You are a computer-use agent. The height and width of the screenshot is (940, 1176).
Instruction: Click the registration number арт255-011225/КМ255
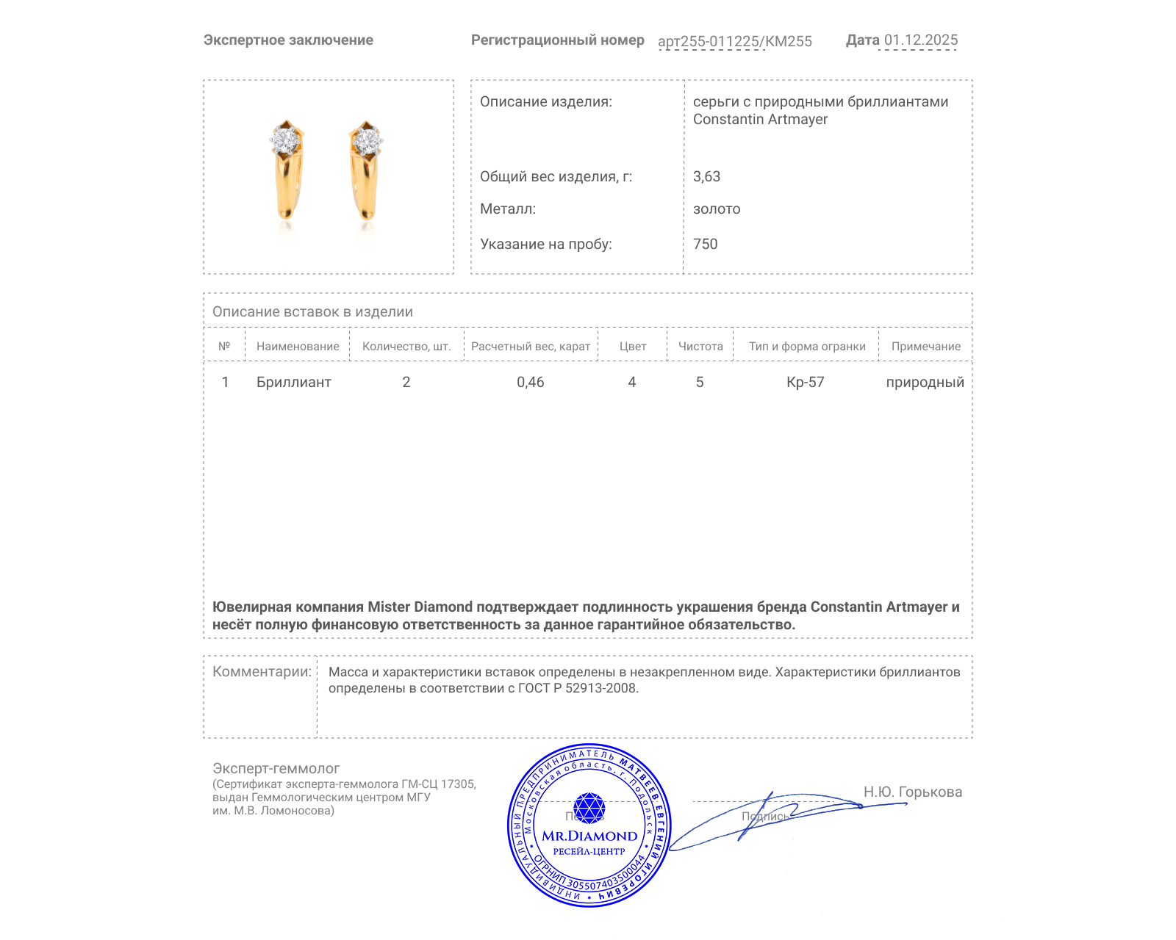734,41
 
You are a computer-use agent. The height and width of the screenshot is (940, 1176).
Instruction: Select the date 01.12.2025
920,40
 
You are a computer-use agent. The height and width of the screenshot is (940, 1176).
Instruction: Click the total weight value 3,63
706,176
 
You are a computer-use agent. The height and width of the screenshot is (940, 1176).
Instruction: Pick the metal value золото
717,209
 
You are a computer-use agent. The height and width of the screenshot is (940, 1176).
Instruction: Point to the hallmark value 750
705,244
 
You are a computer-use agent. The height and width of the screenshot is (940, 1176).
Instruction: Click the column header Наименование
298,347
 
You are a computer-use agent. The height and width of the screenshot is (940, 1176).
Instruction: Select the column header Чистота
700,347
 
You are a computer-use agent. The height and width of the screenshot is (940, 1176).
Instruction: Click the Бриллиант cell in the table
293,382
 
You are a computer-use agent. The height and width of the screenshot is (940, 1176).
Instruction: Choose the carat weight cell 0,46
530,382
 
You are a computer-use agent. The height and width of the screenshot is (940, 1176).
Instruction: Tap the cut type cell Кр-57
805,382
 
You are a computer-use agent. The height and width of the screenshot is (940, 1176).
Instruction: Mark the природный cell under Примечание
925,382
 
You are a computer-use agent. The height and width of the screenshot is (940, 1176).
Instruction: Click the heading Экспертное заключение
288,40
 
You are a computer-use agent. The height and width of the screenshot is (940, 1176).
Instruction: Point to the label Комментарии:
262,671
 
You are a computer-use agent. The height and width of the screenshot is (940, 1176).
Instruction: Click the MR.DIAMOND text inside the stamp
589,836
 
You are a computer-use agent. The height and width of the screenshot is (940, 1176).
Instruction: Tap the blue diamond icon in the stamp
589,807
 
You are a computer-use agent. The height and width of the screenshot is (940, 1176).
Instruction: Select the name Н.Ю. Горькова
912,792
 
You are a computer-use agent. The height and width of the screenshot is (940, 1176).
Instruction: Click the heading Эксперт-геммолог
276,768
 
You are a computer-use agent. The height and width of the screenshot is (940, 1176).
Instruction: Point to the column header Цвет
632,347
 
